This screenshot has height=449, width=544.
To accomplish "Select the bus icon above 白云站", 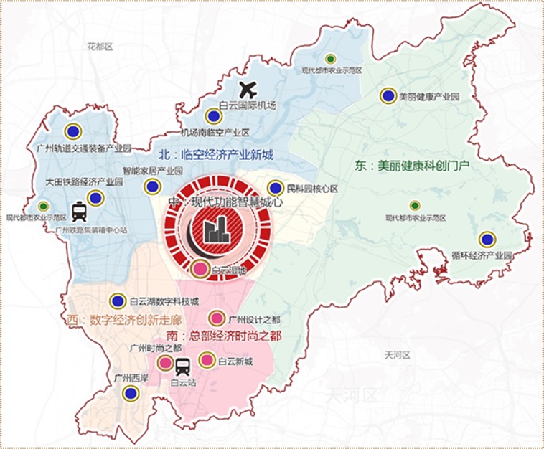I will (x=183, y=367).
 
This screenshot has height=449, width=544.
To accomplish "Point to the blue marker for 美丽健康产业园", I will (x=388, y=95).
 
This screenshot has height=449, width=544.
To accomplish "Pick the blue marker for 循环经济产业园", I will (x=488, y=240).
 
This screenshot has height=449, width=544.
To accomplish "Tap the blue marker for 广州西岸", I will (x=130, y=392).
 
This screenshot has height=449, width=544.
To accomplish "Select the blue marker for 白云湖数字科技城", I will (x=118, y=301).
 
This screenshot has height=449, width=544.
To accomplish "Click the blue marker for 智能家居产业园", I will (x=151, y=186).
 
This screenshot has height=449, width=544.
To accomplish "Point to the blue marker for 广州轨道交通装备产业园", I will (x=72, y=131).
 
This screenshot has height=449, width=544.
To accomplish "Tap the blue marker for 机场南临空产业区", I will (x=213, y=116).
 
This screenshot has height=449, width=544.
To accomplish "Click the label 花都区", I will (x=100, y=47).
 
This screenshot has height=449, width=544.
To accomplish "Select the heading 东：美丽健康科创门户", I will (x=412, y=164).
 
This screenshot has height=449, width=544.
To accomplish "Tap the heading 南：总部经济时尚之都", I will (x=223, y=336).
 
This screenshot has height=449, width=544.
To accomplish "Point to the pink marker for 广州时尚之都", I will (x=165, y=363).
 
